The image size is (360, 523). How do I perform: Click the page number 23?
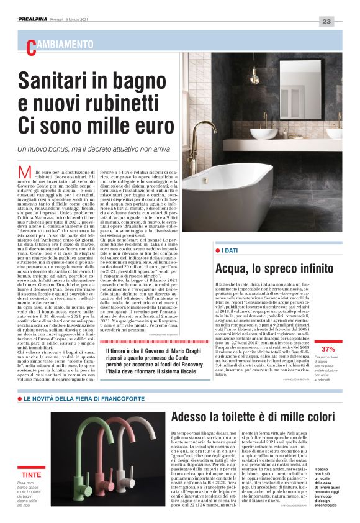tap(327, 22)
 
